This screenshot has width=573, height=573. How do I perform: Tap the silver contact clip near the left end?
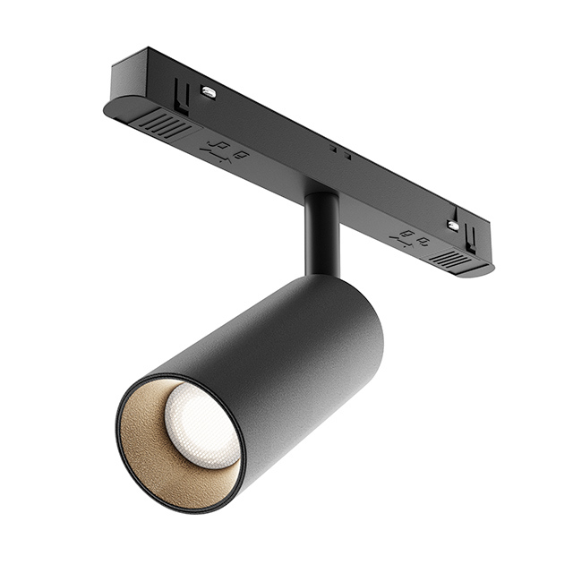pyautogui.click(x=208, y=91)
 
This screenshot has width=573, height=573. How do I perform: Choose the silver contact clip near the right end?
pyautogui.click(x=453, y=226)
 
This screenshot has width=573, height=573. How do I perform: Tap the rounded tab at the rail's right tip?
pyautogui.click(x=484, y=268)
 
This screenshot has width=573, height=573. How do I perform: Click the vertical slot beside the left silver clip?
pyautogui.click(x=183, y=93)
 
